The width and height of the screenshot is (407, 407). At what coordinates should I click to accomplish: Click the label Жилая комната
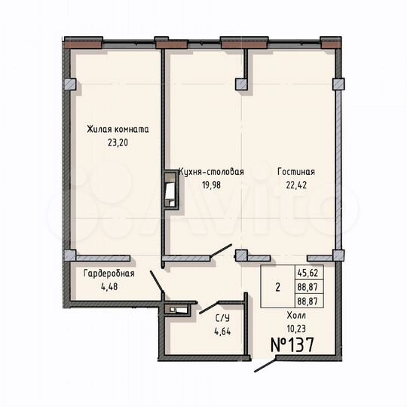[117, 130]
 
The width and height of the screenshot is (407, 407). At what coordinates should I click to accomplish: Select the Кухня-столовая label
[211, 172]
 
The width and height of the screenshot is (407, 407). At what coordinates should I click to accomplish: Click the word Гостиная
[295, 172]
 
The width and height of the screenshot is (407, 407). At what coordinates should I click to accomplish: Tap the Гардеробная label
[109, 274]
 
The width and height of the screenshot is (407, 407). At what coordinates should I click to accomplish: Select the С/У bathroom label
[224, 317]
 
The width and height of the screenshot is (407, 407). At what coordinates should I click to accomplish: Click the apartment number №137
[292, 345]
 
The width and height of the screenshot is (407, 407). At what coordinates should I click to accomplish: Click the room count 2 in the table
[277, 287]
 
